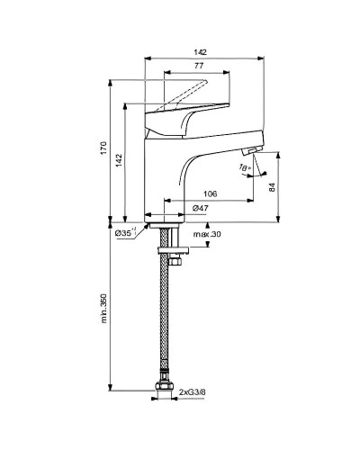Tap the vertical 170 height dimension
[103, 149]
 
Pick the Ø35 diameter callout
[125, 233]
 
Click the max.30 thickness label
[205, 235]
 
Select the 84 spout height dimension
[272, 186]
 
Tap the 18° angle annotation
[242, 167]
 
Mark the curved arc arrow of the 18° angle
[250, 172]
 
